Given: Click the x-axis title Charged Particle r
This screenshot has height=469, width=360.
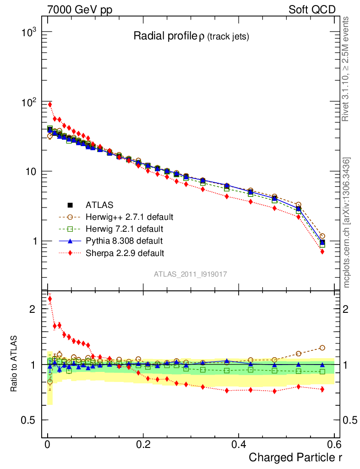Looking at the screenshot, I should pos(295,457).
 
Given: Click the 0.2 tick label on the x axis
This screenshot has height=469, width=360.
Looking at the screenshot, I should pos(143,444).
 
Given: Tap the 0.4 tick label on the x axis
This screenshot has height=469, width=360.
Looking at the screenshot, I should pos(239,444).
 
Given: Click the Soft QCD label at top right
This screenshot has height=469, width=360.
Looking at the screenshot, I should pos(312,10).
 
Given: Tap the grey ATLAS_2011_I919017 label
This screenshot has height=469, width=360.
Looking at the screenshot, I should pos(191,274).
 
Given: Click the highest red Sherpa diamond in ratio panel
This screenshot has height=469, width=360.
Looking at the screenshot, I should pos(49,299).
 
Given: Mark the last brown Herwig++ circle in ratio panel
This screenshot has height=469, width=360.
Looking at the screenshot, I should pos(322,348).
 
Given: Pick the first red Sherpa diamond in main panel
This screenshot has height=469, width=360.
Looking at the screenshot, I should pos(49,104).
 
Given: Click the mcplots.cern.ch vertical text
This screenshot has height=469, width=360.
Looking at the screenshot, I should pos(347,222).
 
